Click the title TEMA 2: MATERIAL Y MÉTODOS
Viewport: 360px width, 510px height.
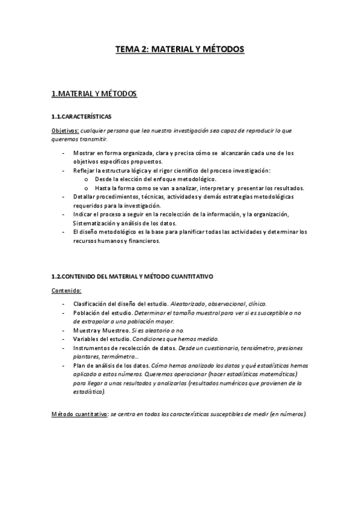[180, 50]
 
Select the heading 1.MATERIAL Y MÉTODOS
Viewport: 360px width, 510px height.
[94, 94]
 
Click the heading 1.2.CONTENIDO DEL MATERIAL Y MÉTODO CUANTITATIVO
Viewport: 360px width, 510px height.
[132, 276]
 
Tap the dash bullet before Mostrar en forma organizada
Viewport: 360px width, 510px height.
[63, 153]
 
